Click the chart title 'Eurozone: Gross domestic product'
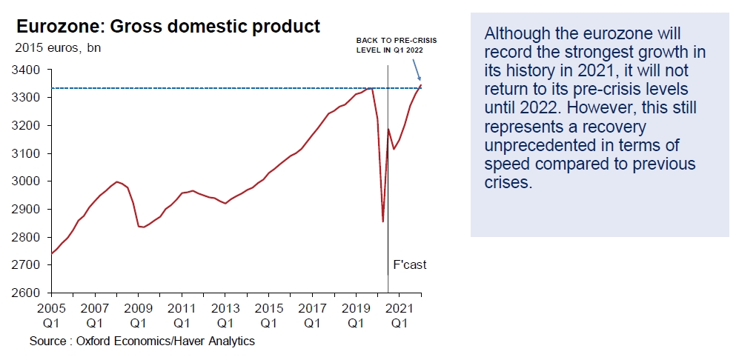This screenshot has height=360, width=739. coord(168,27)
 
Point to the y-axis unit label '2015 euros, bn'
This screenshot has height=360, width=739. coord(58,48)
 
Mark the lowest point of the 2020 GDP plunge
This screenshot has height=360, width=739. coord(382,221)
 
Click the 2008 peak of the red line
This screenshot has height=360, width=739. coord(116,181)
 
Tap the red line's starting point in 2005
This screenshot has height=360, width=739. coord(51,253)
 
